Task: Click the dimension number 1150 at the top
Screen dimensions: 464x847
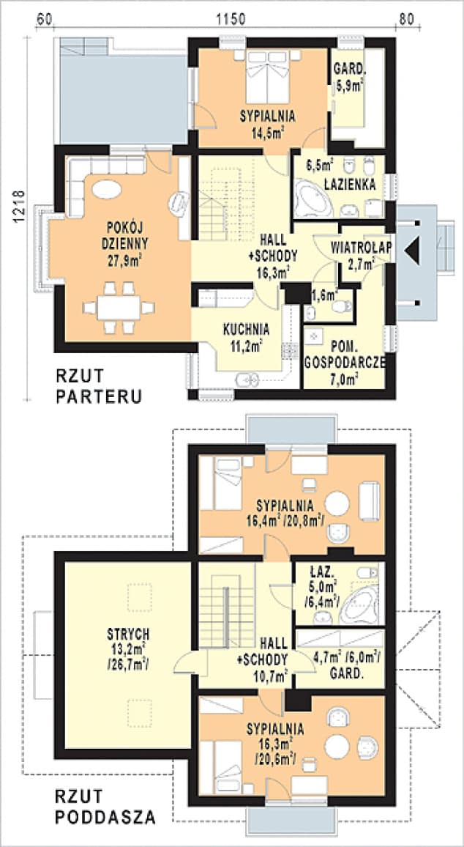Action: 231,19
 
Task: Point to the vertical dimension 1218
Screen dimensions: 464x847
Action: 19,207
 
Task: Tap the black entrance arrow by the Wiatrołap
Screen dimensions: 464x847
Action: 411,251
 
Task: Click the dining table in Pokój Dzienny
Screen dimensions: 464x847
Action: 118,307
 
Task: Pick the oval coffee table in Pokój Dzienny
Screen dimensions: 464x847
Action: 106,190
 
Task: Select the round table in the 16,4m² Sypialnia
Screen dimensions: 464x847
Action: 337,503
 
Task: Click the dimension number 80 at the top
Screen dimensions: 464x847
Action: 407,19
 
